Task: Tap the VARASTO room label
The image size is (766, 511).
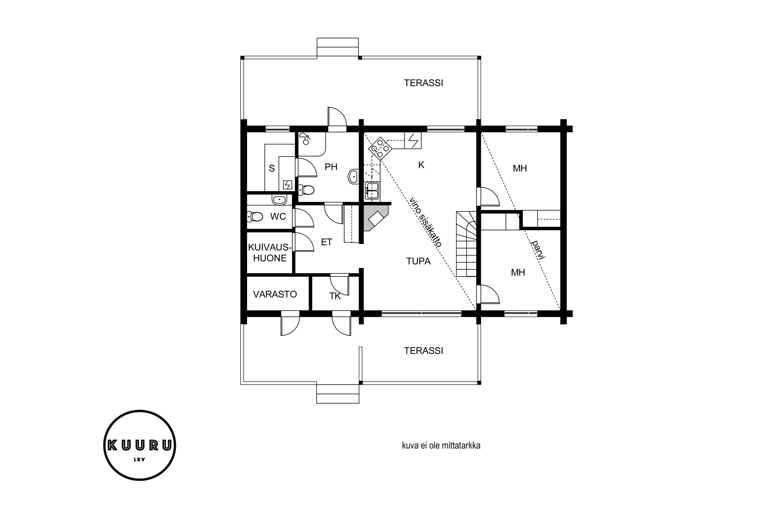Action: pyautogui.click(x=275, y=294)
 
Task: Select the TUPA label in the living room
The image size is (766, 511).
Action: pyautogui.click(x=418, y=261)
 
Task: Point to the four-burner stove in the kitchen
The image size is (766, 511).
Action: pyautogui.click(x=380, y=149)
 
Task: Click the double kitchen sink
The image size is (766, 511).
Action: pyautogui.click(x=372, y=190)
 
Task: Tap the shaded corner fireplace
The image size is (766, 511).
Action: pyautogui.click(x=377, y=218)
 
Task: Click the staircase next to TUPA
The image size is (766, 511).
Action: pyautogui.click(x=466, y=244)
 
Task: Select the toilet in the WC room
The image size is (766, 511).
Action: pyautogui.click(x=255, y=216)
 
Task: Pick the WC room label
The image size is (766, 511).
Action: pyautogui.click(x=278, y=216)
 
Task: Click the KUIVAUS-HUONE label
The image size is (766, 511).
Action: pyautogui.click(x=269, y=253)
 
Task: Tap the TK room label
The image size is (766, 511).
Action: pyautogui.click(x=335, y=296)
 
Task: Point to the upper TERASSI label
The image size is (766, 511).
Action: pyautogui.click(x=423, y=83)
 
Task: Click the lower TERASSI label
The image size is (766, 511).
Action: pyautogui.click(x=423, y=351)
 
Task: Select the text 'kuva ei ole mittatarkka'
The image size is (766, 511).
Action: pyautogui.click(x=441, y=446)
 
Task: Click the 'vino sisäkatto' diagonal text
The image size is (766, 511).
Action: pyautogui.click(x=425, y=222)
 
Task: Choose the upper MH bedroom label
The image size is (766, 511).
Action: pyautogui.click(x=520, y=168)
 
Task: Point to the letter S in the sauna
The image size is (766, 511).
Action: pyautogui.click(x=272, y=168)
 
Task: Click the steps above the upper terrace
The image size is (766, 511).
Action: pyautogui.click(x=338, y=48)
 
